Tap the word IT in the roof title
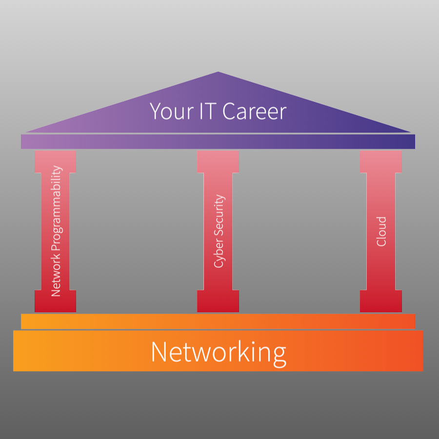pyautogui.click(x=208, y=111)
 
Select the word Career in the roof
pyautogui.click(x=254, y=111)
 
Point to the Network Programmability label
pyautogui.click(x=56, y=231)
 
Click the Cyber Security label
pyautogui.click(x=219, y=231)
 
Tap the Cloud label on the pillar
pyautogui.click(x=381, y=231)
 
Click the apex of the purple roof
pyautogui.click(x=218, y=74)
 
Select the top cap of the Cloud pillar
pyautogui.click(x=381, y=161)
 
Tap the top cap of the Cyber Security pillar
pyautogui.click(x=218, y=161)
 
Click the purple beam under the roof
pyautogui.click(x=218, y=141)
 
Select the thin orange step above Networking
pyautogui.click(x=218, y=321)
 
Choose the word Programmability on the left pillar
pyautogui.click(x=56, y=210)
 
